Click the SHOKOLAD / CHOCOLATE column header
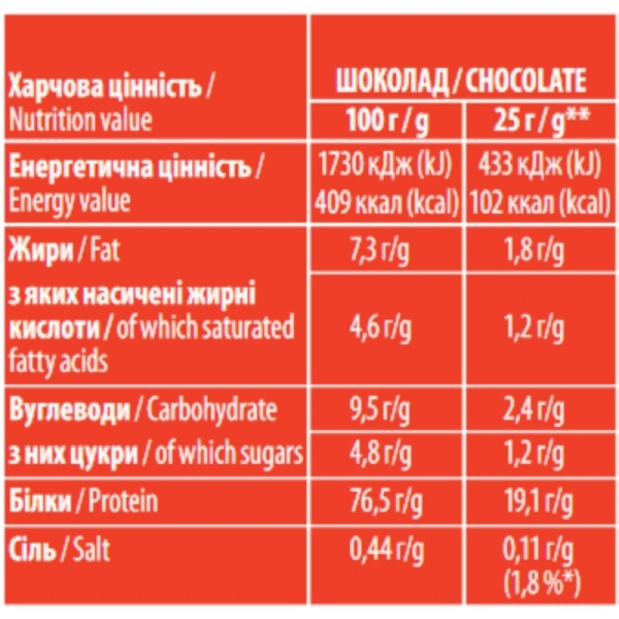pyautogui.click(x=459, y=81)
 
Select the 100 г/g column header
pyautogui.click(x=387, y=121)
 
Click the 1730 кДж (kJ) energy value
pyautogui.click(x=387, y=165)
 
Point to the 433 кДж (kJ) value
pyautogui.click(x=535, y=165)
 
